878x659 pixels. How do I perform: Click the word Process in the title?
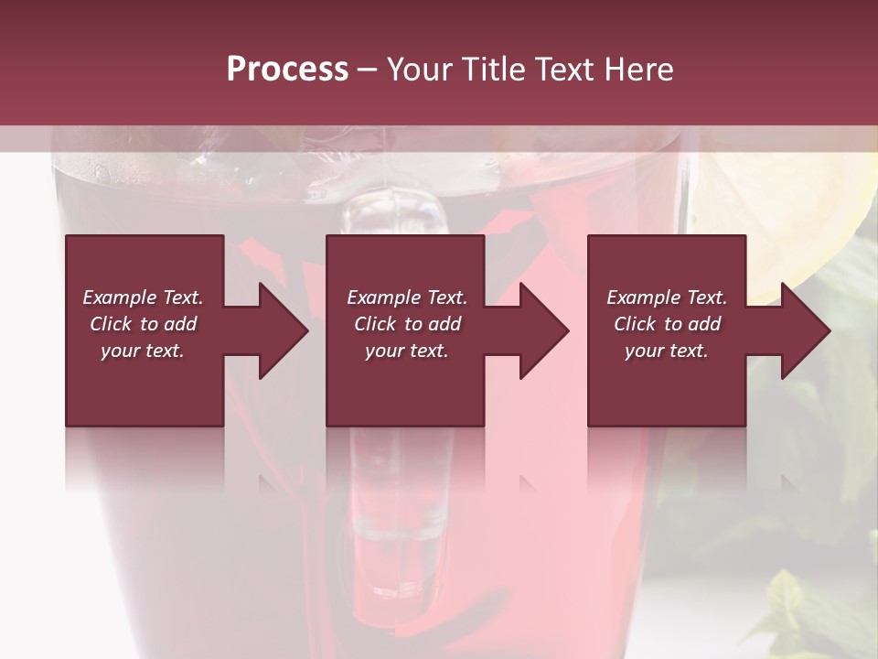287,70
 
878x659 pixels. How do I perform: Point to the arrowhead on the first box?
278,330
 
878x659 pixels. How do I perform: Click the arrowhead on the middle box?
540,330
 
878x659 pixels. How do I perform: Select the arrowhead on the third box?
800,330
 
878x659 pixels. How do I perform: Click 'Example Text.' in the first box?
143,297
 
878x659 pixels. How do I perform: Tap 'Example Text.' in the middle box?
407,297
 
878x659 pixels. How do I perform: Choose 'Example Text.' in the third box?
667,297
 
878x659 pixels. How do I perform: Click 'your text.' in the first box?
143,351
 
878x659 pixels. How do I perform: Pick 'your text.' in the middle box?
407,351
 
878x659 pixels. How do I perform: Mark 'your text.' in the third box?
667,351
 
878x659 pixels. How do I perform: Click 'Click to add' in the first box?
143,324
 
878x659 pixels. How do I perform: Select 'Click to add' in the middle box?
407,324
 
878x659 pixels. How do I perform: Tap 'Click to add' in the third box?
667,324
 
